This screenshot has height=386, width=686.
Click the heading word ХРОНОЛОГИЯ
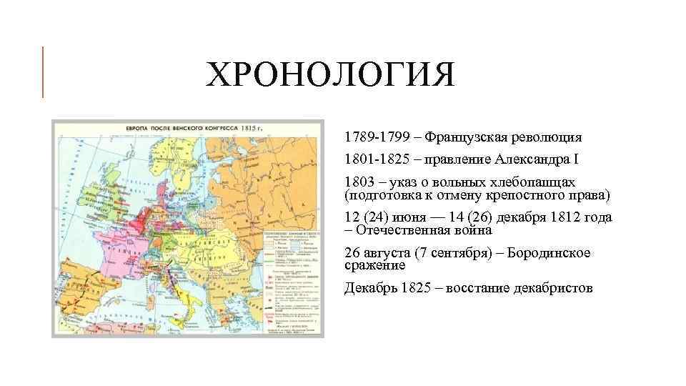tap(329, 76)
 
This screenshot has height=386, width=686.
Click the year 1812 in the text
tap(562, 218)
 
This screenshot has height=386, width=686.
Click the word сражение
tap(374, 265)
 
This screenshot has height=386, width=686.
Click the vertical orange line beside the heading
tap(43, 71)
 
